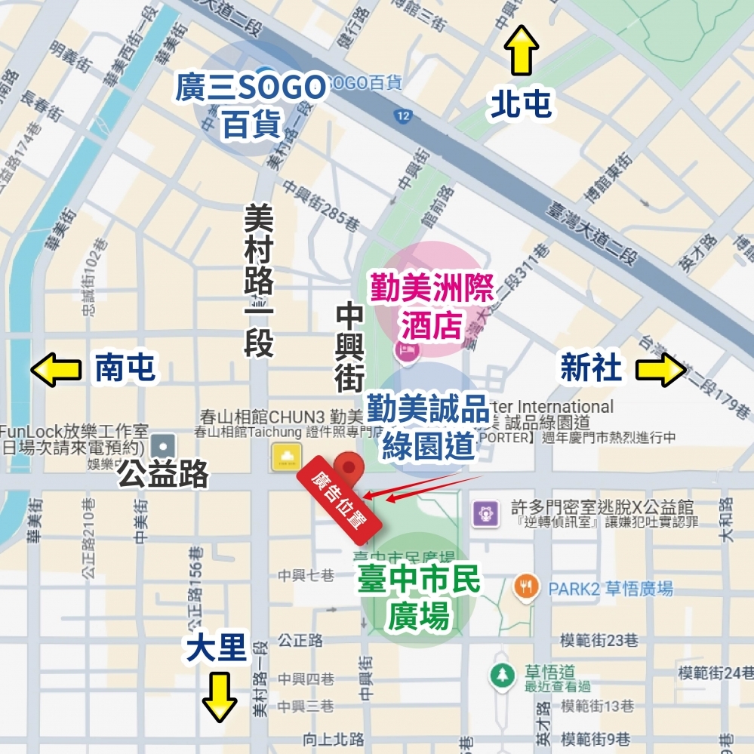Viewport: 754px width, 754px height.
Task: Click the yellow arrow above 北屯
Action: click(522, 50)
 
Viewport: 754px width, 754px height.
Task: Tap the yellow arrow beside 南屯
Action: click(56, 370)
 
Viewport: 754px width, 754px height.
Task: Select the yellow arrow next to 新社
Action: click(660, 370)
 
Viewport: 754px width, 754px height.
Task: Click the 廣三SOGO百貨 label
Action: click(251, 106)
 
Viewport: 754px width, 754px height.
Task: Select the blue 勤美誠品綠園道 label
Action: click(428, 427)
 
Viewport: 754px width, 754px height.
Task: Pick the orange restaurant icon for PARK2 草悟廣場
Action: click(526, 586)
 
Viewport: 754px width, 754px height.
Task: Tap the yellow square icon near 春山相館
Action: click(286, 456)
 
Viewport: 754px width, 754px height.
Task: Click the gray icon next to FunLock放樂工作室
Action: click(162, 445)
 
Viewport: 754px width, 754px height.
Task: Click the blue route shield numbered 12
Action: click(402, 115)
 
